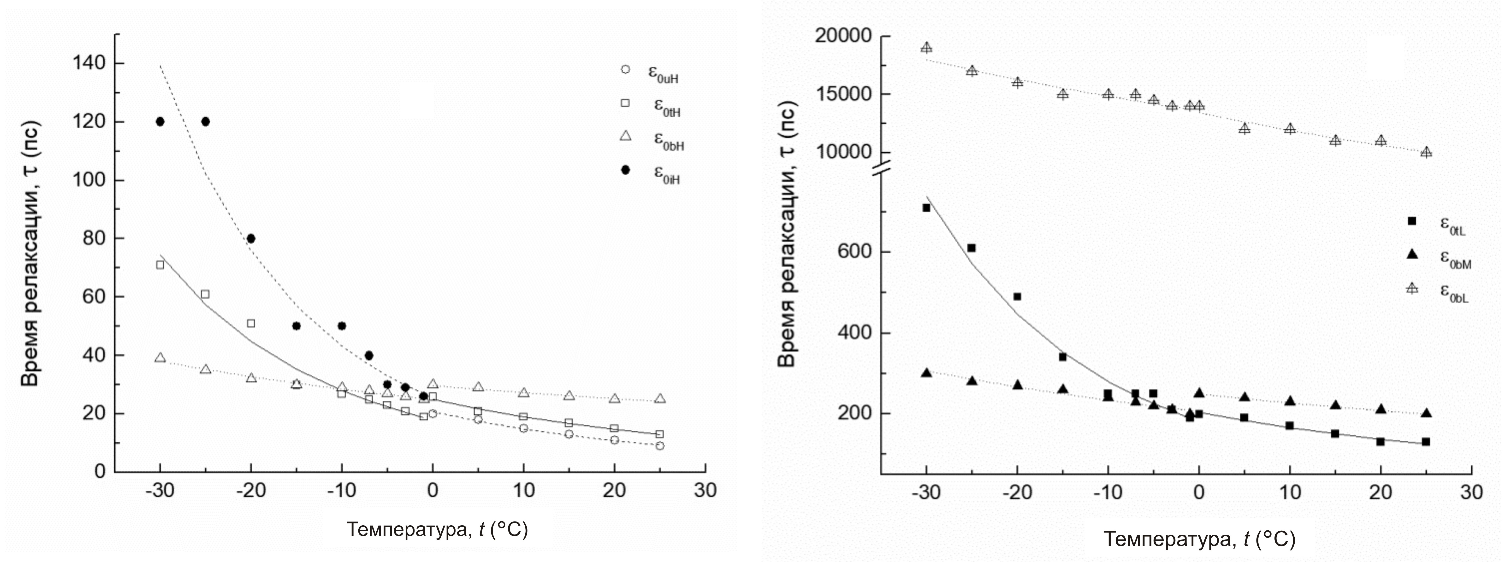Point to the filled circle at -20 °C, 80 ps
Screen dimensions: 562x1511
[x=251, y=239]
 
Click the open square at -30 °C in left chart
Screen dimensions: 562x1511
[x=160, y=265]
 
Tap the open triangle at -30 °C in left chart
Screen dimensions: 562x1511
[x=160, y=357]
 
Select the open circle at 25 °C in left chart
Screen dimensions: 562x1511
[x=660, y=446]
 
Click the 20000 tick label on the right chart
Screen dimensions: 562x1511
[x=843, y=36]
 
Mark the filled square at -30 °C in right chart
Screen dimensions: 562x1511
[x=926, y=207]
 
